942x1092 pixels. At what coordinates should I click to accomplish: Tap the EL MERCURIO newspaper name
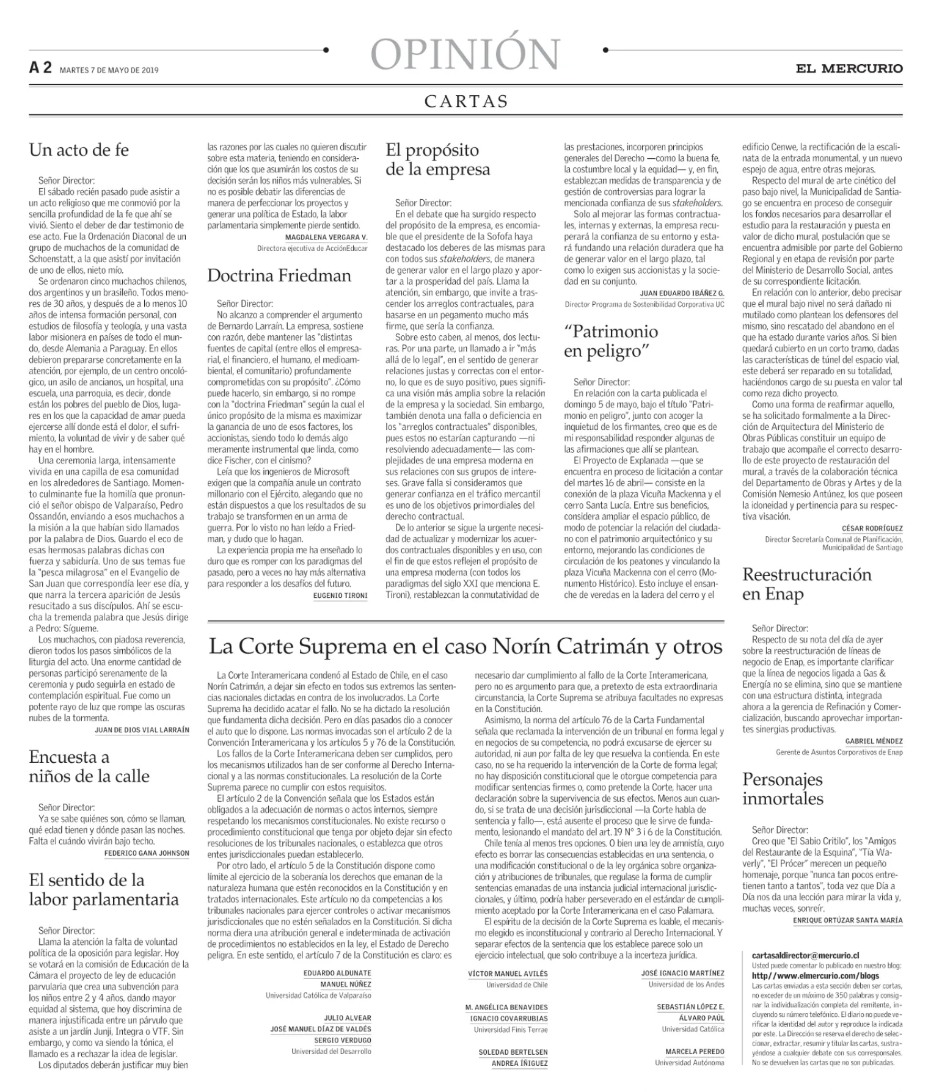tap(849, 68)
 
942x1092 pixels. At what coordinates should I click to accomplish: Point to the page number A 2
tap(40, 68)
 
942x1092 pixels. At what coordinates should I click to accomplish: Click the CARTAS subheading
tap(466, 101)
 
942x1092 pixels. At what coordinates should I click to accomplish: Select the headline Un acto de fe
tap(79, 150)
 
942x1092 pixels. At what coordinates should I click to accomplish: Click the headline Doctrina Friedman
tap(279, 275)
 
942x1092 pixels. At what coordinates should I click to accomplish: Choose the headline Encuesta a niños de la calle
tap(89, 766)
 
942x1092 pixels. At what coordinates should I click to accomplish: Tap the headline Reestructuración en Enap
tap(806, 584)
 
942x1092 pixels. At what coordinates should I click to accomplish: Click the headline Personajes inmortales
tap(783, 788)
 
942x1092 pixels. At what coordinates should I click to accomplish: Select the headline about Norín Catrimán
tap(466, 646)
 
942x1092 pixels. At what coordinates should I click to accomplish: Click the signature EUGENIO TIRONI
tap(340, 595)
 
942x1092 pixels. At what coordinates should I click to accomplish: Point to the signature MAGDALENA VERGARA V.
tap(326, 237)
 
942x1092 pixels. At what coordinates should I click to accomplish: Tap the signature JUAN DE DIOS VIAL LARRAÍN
tap(142, 730)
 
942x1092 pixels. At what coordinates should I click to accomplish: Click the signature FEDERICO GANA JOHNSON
tap(147, 853)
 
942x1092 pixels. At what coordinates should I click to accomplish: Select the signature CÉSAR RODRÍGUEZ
tap(872, 528)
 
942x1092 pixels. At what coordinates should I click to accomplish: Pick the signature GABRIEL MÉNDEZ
tap(874, 741)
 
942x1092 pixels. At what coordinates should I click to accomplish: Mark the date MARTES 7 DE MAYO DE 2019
tap(109, 70)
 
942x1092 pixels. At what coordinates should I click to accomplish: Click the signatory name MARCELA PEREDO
tap(695, 1052)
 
